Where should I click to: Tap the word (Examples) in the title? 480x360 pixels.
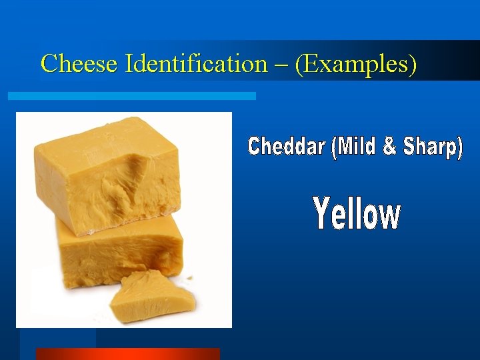click(x=356, y=64)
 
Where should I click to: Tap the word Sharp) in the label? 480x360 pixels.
click(x=433, y=147)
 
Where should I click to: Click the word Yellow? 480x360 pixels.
click(x=357, y=215)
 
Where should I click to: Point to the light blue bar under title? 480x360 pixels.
click(x=131, y=96)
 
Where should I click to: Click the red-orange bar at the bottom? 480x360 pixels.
click(x=127, y=354)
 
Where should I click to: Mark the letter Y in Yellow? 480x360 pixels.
click(x=322, y=213)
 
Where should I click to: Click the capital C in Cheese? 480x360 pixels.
click(x=49, y=64)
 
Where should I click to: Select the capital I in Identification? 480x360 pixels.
click(x=130, y=64)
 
